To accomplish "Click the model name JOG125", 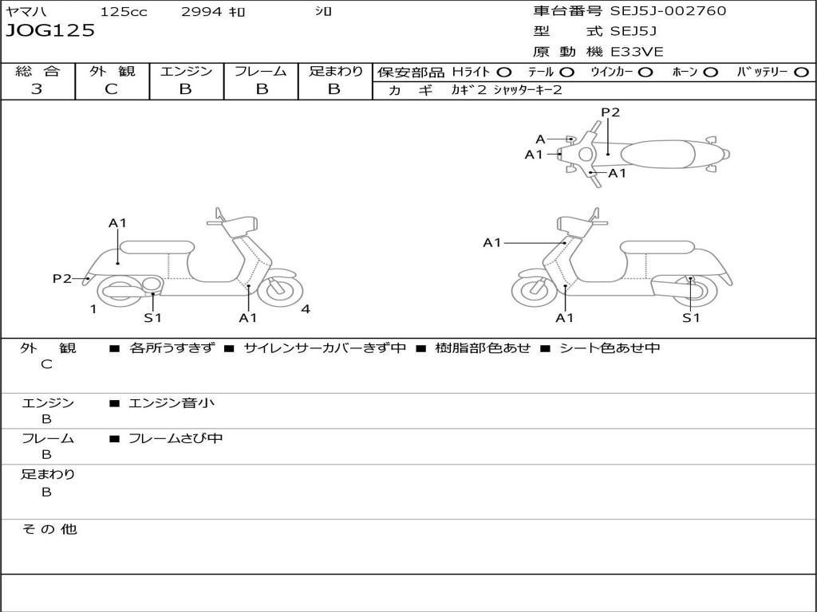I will coord(50,31).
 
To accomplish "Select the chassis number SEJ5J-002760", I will coord(668,11).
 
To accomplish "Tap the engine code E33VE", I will coord(637,52).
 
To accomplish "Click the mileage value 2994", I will coord(203,12).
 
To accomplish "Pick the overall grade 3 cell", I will coord(37,89).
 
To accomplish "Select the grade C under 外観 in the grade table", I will coord(111,89).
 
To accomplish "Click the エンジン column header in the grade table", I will coord(186,71).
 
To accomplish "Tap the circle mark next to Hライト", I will coord(503,72).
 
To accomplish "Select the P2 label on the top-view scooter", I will coord(610,112).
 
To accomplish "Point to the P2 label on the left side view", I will coord(62,278).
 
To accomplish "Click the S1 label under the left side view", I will coord(152,318).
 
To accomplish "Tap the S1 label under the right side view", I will coord(691,318).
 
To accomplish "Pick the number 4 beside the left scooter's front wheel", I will coord(306,309).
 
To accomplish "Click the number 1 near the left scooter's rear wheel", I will coord(93,309).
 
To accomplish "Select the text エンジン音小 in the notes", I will coord(172,403).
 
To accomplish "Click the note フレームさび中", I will coord(176,438).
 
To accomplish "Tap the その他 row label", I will coord(49,529).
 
